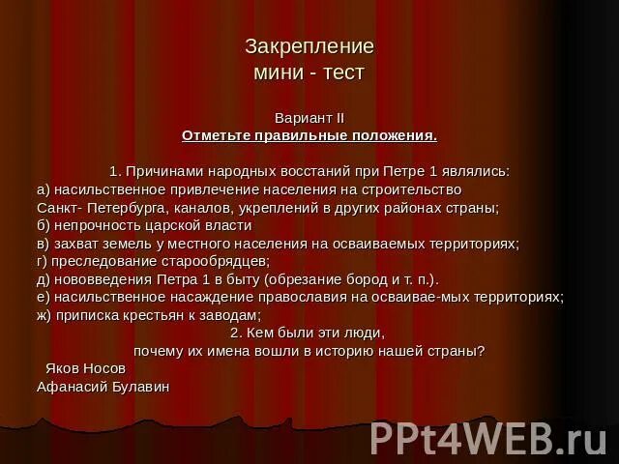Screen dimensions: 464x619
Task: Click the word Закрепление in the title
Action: [x=309, y=46]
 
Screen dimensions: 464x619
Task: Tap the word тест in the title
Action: [x=345, y=72]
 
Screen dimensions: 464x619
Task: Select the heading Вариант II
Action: [x=309, y=117]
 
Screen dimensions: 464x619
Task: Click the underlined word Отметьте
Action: [x=211, y=134]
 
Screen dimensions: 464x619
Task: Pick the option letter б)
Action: [x=43, y=225]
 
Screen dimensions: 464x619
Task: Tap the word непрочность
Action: [x=93, y=225]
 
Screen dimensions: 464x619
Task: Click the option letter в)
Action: [x=43, y=244]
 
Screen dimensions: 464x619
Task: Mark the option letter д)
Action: [x=43, y=279]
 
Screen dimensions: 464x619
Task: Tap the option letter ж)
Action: [x=44, y=315]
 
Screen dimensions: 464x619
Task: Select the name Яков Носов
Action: [x=86, y=368]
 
